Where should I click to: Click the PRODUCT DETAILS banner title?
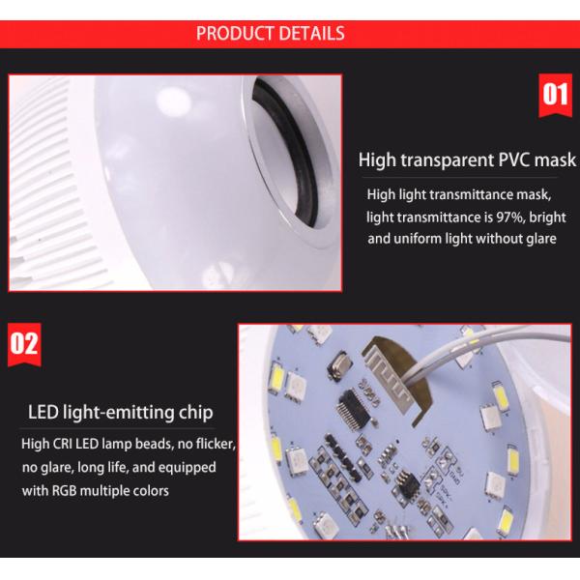click(x=271, y=33)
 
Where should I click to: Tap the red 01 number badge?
click(x=555, y=95)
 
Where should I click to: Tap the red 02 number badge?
click(x=24, y=344)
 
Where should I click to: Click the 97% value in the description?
click(x=510, y=217)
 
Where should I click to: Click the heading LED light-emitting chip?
click(x=121, y=413)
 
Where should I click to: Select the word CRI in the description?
click(x=63, y=444)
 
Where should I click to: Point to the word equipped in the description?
click(x=188, y=468)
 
